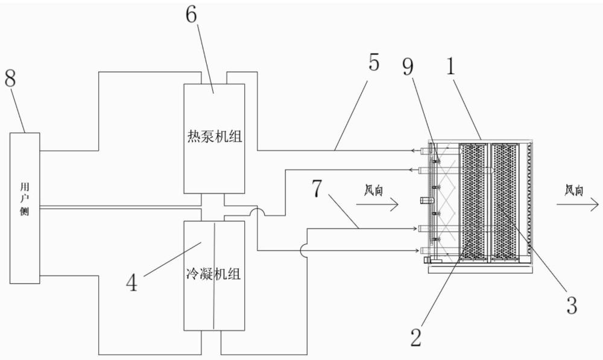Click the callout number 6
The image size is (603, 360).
coord(191,16)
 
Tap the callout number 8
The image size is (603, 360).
coord(10,80)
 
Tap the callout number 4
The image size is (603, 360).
coord(131,282)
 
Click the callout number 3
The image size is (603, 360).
coord(572,305)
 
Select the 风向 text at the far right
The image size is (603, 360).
coord(573,191)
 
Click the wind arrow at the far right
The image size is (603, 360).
coord(577,206)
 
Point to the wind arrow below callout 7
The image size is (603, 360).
coord(377,205)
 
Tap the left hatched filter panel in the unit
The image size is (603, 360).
coord(473,201)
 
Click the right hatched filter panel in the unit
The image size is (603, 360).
coord(505,201)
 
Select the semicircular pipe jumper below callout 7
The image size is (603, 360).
coord(302,250)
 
